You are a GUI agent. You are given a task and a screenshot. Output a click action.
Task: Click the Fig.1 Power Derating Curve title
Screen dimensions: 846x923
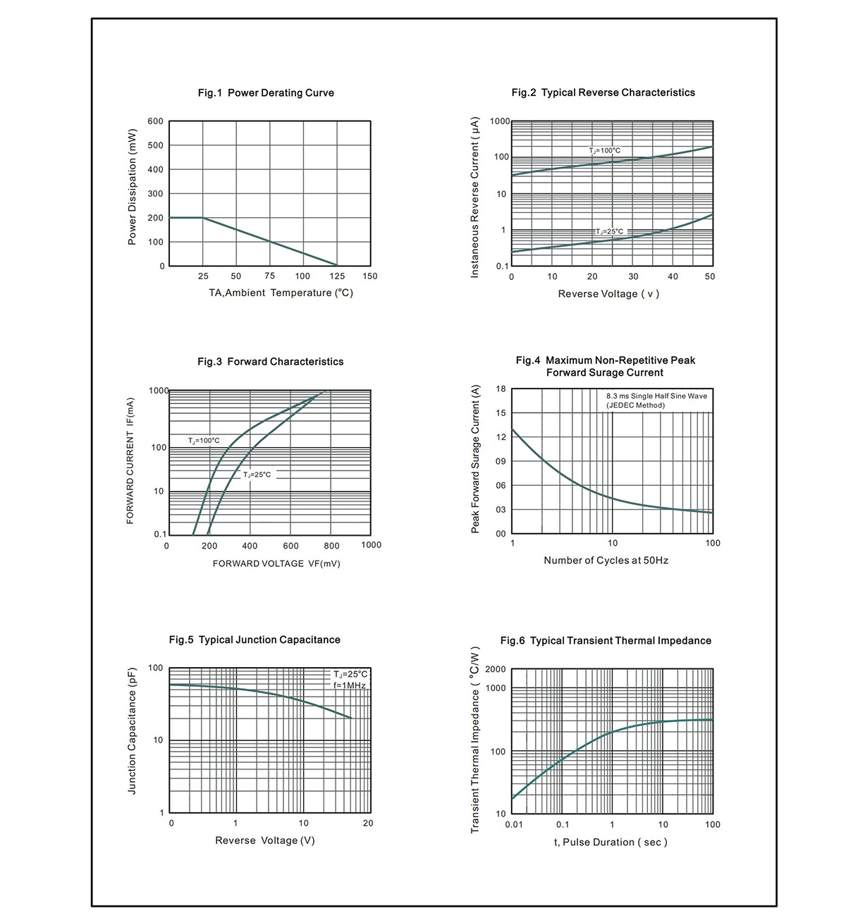266,93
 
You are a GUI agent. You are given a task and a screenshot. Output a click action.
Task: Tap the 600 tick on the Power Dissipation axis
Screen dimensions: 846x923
156,121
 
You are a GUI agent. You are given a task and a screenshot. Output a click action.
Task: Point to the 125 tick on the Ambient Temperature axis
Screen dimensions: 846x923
337,276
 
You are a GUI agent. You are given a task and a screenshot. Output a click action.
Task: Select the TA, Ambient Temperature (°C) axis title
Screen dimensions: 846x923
281,293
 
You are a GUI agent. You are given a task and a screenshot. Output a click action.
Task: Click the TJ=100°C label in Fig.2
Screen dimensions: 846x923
604,150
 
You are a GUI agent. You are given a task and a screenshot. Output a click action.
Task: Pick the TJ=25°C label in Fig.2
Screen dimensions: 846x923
610,231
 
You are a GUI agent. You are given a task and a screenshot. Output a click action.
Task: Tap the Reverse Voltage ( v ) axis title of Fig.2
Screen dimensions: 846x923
608,294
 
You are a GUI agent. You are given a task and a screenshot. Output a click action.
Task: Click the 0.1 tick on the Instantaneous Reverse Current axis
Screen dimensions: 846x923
503,267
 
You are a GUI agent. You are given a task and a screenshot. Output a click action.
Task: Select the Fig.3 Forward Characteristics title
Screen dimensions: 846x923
271,362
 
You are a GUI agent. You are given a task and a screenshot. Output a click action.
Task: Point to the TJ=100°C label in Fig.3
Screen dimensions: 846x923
204,441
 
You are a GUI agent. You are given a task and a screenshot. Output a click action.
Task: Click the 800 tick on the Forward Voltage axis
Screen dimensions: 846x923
331,546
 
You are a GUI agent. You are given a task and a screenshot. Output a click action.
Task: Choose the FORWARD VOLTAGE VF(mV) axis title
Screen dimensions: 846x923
276,563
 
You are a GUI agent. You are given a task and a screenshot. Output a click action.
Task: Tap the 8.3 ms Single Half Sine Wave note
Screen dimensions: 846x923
656,396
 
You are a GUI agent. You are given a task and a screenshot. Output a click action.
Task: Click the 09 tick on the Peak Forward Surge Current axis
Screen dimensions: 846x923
501,461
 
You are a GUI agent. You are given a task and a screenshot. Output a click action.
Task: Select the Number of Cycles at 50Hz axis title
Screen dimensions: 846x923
606,561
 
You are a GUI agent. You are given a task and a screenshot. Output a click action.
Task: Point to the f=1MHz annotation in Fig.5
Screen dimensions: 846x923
350,685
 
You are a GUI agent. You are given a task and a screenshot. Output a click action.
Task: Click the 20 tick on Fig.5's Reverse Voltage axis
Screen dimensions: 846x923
368,823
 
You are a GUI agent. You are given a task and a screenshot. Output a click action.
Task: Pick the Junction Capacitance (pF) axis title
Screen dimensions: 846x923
132,731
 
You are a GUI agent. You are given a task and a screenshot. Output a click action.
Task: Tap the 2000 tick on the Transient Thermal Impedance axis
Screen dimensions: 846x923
495,669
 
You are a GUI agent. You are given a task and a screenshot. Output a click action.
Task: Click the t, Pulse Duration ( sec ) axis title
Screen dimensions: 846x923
611,843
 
